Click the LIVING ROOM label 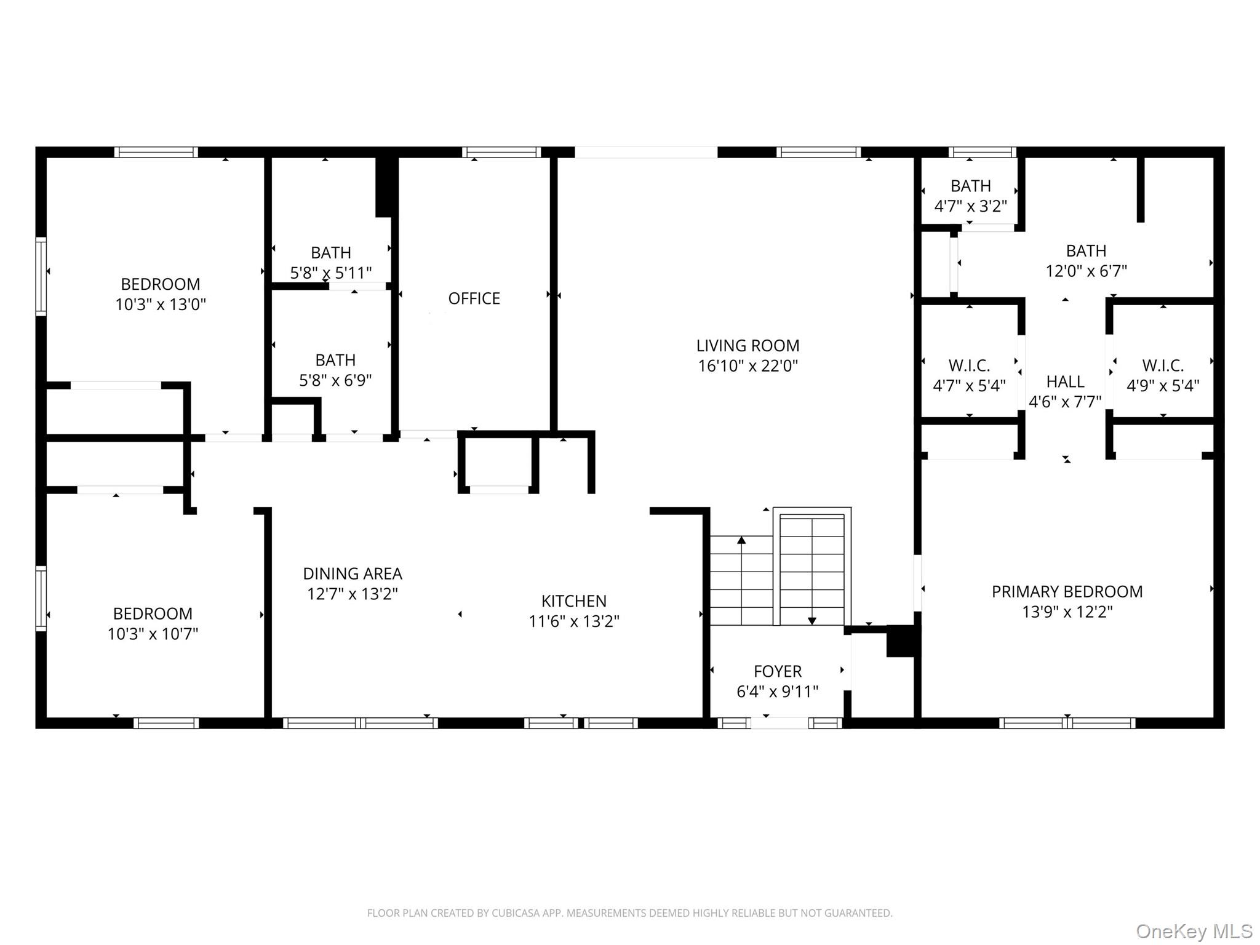(748, 346)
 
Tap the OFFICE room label (474, 298)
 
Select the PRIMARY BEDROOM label (1067, 592)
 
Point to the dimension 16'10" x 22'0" (748, 366)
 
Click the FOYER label (778, 671)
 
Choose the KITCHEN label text (573, 601)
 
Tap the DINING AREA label (353, 574)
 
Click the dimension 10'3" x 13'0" (161, 305)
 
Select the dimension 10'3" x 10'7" (153, 634)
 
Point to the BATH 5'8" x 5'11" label (331, 253)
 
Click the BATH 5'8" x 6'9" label (335, 361)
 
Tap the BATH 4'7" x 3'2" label (970, 186)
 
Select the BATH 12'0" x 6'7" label (1086, 251)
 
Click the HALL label (1065, 382)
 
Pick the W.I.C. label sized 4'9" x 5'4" (1163, 366)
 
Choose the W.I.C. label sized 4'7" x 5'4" (969, 366)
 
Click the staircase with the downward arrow (812, 569)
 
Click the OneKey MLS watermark (1194, 931)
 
